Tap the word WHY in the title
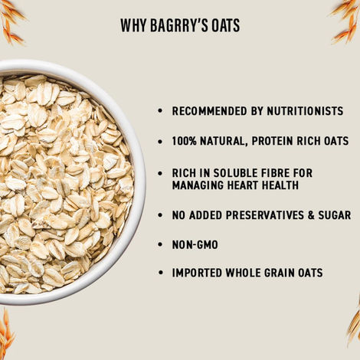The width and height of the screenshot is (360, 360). click(x=133, y=26)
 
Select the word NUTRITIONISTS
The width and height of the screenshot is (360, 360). click(x=303, y=111)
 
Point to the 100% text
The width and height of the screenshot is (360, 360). click(x=185, y=142)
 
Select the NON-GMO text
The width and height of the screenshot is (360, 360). click(x=195, y=245)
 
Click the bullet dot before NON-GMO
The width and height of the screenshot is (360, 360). click(x=159, y=245)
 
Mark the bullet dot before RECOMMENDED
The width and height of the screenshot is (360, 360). click(x=159, y=112)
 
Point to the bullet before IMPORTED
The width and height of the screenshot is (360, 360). click(x=159, y=273)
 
